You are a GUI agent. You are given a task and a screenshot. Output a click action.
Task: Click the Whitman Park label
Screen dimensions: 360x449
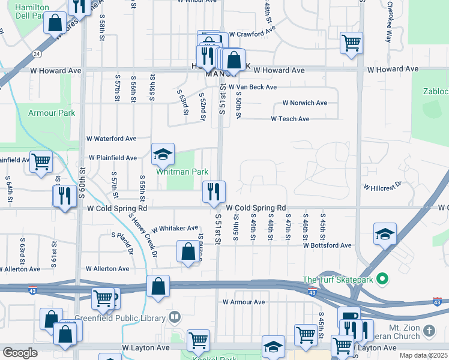pos(182,172)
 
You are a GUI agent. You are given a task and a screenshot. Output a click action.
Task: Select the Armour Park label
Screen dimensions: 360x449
pos(52,113)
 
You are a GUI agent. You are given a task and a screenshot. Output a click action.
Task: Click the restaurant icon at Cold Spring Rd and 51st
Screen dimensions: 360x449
pos(214,192)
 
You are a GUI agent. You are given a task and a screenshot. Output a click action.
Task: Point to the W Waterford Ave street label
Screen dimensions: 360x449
pos(112,139)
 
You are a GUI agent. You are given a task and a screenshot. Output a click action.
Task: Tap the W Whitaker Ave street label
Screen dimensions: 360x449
pos(175,229)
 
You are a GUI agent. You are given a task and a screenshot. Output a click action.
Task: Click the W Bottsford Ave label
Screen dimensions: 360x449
pos(327,245)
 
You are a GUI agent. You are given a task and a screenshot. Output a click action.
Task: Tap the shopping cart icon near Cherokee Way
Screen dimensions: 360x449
pos(351,43)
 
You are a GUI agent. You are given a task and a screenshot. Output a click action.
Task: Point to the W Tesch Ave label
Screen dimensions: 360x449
pos(290,119)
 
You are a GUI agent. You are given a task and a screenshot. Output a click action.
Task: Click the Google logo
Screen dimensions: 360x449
pos(20,353)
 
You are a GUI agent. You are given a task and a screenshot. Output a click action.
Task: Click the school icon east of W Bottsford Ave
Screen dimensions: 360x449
pos(385,235)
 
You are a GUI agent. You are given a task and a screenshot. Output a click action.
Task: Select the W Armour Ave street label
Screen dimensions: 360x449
pos(243,302)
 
